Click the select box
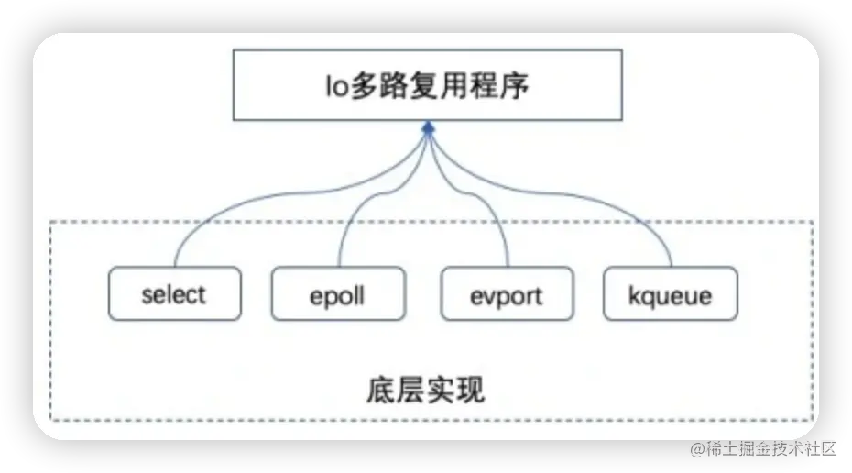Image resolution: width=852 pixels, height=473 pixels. coord(174,294)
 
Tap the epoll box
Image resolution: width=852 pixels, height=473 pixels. coord(338,294)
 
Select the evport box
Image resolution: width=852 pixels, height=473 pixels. coord(507,294)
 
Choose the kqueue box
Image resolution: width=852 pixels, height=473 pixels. coord(671,294)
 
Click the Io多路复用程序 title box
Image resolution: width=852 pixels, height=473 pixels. coord(427,86)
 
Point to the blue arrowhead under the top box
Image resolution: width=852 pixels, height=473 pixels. coord(427,132)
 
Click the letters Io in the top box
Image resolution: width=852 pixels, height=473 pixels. coord(336,87)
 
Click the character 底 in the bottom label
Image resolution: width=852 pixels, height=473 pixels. coord(380,390)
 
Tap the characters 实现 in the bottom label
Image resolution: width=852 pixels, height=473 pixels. coord(455,390)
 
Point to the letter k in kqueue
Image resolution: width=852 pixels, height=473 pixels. coord(634,295)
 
